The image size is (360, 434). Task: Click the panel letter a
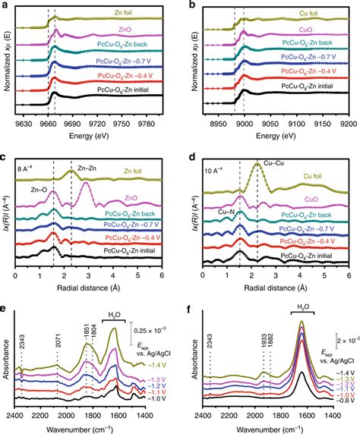(5, 5)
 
